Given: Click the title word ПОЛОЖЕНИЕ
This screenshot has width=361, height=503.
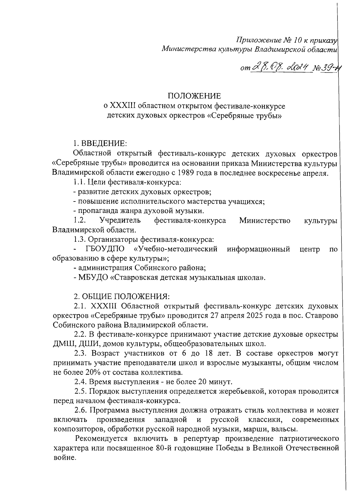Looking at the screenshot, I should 194,96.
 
